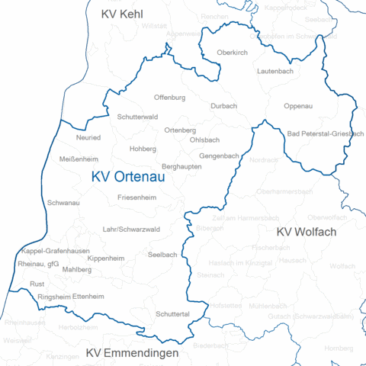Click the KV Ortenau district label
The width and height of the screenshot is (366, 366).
128,177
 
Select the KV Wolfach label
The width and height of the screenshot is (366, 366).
306,232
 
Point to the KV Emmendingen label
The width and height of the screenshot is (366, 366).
132,353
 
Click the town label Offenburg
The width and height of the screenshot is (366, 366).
169,98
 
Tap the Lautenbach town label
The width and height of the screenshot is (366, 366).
275,70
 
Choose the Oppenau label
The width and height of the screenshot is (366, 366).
298,106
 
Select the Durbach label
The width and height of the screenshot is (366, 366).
223,106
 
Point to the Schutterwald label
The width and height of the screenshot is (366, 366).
137,117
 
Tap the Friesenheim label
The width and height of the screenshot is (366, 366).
136,197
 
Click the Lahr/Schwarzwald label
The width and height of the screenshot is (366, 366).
131,229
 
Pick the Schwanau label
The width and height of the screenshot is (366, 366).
63,204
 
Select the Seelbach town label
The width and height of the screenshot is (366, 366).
162,254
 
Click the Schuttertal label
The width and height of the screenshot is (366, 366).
173,314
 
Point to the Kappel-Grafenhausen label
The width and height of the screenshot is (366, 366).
56,251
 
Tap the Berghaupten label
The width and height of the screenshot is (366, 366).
181,166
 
